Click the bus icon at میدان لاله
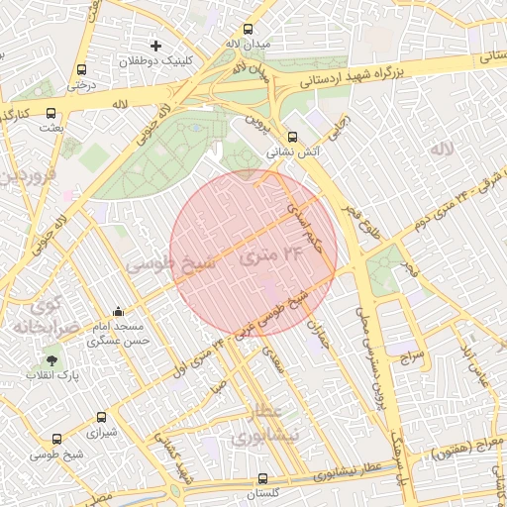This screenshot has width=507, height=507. coord(247,29)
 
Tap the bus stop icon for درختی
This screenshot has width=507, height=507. coord(81,70)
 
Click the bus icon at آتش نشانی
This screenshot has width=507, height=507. coord(291,138)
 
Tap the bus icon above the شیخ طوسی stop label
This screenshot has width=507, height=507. coord(56,439)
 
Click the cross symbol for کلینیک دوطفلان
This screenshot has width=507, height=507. coord(155,46)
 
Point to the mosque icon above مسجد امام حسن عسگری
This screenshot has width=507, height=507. coord(119,311)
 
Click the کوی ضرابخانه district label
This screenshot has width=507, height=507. coord(40,314)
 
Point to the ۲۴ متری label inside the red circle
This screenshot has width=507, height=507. coord(268,255)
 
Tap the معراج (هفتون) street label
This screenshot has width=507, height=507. coord(465,451)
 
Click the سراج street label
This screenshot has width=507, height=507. coord(412,355)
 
